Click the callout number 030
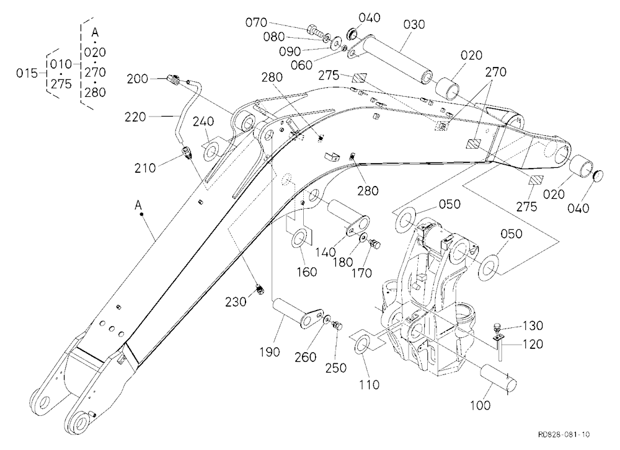[x=414, y=25]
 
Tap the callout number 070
[x=256, y=22]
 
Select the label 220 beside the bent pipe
[x=135, y=117]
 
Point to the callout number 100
[x=480, y=405]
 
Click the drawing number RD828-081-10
[x=564, y=435]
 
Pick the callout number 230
[x=236, y=302]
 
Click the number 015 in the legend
[x=27, y=73]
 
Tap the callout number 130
[x=533, y=325]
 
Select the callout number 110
[x=369, y=384]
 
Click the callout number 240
[x=203, y=121]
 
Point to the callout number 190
[x=270, y=351]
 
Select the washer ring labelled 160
[x=299, y=240]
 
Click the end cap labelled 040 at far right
[x=598, y=175]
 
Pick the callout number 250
[x=335, y=368]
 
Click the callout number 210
[x=145, y=168]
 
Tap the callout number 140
[x=325, y=252]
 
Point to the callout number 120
[x=533, y=344]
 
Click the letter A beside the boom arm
[x=138, y=205]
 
